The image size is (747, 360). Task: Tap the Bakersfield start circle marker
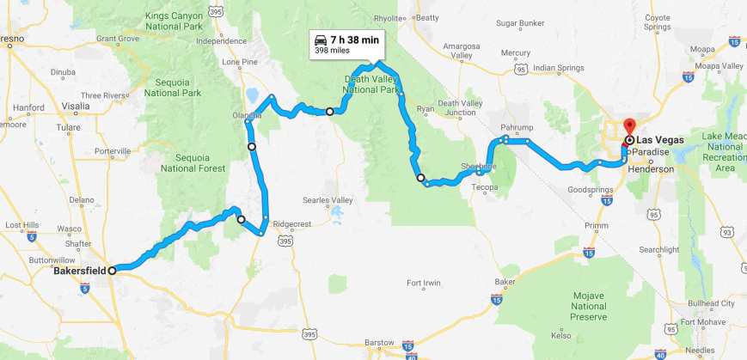click(x=113, y=270)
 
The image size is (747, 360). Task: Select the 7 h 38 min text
click(x=355, y=40)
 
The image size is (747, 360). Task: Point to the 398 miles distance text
click(x=332, y=51)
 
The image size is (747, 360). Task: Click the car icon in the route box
click(x=321, y=40)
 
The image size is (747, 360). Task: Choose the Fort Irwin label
click(x=425, y=284)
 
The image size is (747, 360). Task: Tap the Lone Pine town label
click(x=240, y=62)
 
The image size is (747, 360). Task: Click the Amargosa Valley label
click(x=452, y=51)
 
